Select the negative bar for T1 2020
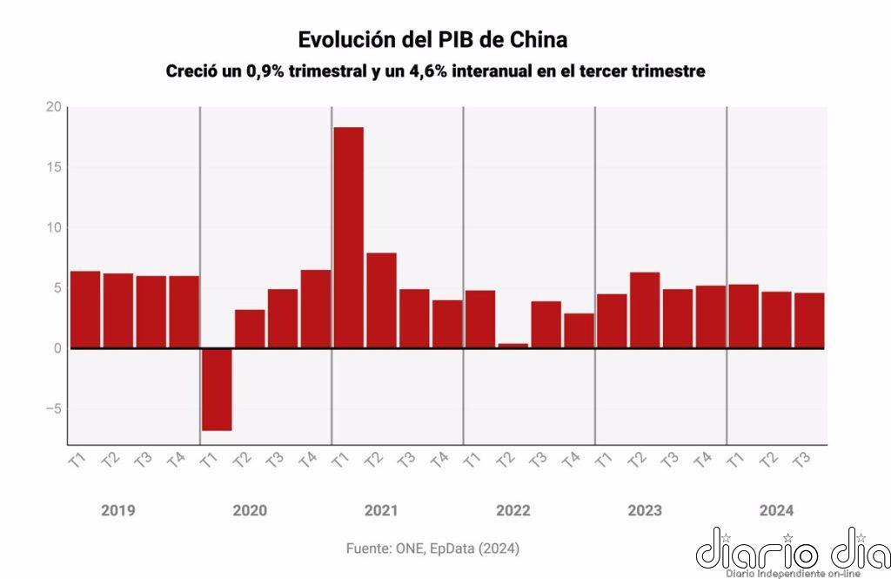coord(217,389)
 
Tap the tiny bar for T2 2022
coord(512,346)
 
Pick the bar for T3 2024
coord(808,320)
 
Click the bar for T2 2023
coord(644,310)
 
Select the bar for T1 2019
coord(85,309)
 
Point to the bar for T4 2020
coord(315,309)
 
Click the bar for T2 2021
coord(381,300)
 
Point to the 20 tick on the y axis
coord(54,107)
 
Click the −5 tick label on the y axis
coord(52,409)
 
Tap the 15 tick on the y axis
coord(54,167)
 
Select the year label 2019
coord(117,510)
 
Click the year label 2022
coord(512,510)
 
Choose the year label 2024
coord(775,510)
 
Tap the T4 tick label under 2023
coord(700,460)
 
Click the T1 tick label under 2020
coord(207,460)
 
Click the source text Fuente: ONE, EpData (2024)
coord(432,549)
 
